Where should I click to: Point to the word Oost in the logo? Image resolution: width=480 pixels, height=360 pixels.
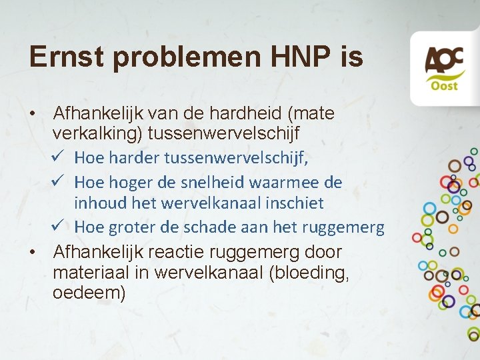(x=443, y=86)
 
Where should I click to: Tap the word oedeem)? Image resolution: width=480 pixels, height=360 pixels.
(x=89, y=293)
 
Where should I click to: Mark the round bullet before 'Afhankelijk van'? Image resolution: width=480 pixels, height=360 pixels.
(x=32, y=114)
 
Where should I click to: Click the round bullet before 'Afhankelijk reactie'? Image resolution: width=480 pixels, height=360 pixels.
(x=32, y=253)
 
